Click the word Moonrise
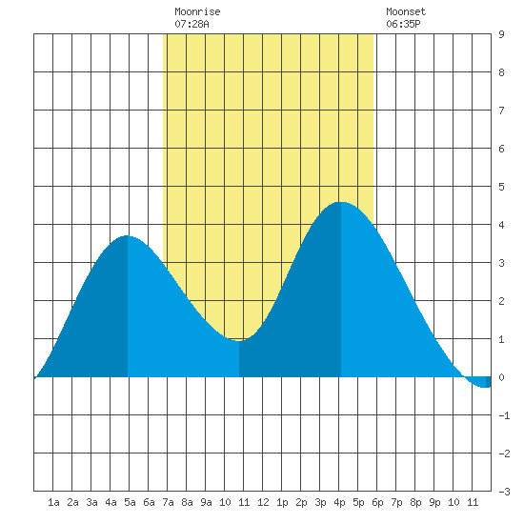point(197,11)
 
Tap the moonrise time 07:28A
point(191,24)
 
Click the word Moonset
point(406,11)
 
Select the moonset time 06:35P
point(403,24)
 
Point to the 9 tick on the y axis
point(501,34)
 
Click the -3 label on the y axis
point(504,492)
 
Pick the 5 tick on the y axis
point(501,187)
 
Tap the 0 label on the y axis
point(501,377)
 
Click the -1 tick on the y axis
point(504,415)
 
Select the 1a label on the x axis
point(53,502)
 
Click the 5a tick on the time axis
point(130,502)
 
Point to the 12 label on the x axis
point(263,502)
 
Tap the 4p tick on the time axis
point(339,502)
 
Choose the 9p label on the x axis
point(434,502)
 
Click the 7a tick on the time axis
point(168,502)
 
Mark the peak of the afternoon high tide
point(341,202)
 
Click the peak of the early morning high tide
point(127,236)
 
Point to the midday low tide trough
point(239,341)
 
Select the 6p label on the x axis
point(377,502)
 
